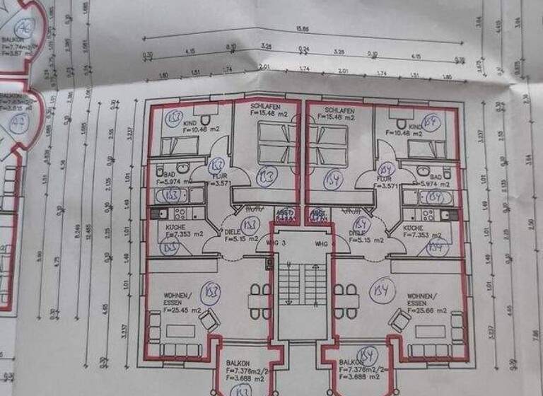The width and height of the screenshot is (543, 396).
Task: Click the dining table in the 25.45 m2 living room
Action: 260,301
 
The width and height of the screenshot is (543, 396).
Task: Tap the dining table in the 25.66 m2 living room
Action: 346,301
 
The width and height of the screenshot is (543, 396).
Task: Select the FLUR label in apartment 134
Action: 366,180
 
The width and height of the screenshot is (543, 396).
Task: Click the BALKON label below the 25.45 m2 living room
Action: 239,362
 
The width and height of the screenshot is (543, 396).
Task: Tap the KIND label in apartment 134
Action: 415,126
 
